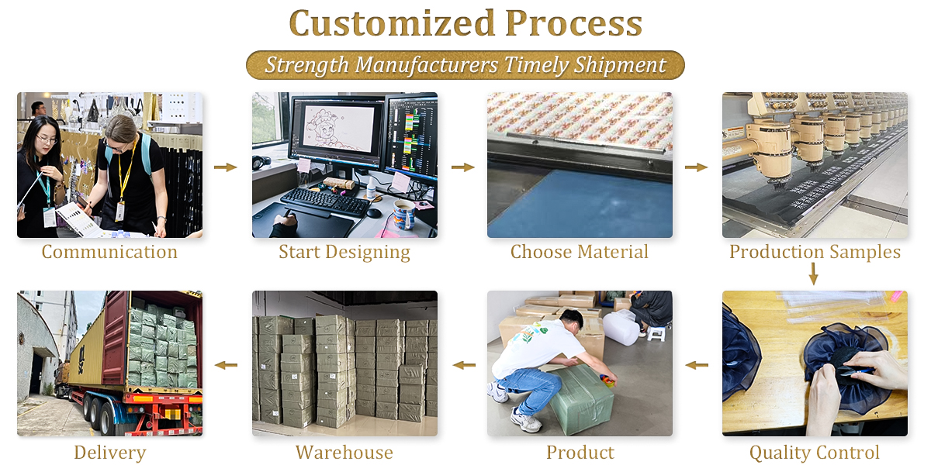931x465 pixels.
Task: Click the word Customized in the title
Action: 392,24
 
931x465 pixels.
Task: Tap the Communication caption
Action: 109,252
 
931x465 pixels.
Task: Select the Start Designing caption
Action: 344,253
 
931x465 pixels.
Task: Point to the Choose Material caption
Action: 580,252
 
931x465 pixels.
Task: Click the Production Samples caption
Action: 815,252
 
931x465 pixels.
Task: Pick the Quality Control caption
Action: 815,452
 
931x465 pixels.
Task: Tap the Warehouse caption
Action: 344,452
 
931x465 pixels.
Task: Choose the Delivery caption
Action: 109,453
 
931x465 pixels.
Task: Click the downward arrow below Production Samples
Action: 814,274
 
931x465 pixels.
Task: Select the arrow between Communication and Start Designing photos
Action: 226,167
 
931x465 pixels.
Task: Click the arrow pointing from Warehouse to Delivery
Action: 226,365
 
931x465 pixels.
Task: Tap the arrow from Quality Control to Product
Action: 697,365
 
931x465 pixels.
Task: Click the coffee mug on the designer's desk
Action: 404,214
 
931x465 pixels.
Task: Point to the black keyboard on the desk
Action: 325,202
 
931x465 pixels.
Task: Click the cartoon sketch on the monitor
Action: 328,128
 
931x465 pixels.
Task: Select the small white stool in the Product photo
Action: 656,333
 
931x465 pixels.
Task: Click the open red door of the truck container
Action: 115,338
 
